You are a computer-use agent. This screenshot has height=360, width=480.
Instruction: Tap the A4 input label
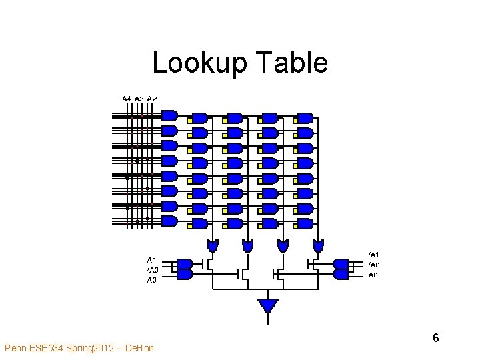tap(127, 99)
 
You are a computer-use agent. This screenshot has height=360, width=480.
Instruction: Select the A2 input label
tap(152, 99)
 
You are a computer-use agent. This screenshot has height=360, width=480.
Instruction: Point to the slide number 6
tap(435, 338)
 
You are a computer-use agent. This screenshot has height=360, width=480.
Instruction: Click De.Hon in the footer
tap(139, 348)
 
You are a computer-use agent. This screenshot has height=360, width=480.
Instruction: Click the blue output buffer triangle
tap(267, 306)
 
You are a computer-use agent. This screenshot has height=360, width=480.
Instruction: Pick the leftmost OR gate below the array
tap(213, 245)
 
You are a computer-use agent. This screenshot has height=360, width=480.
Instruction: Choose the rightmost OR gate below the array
tap(319, 245)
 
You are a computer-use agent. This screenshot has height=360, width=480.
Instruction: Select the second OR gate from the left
tap(248, 245)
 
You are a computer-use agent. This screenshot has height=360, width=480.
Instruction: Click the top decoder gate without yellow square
tap(169, 115)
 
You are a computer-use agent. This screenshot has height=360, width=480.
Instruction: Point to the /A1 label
tap(373, 254)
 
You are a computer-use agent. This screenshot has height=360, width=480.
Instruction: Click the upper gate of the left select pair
tap(185, 264)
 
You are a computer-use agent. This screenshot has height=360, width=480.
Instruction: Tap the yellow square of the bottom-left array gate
tap(189, 227)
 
